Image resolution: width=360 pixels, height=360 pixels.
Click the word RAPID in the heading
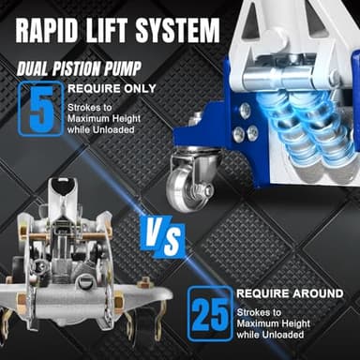[47, 29]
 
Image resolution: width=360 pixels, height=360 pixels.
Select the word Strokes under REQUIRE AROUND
[254, 311]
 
